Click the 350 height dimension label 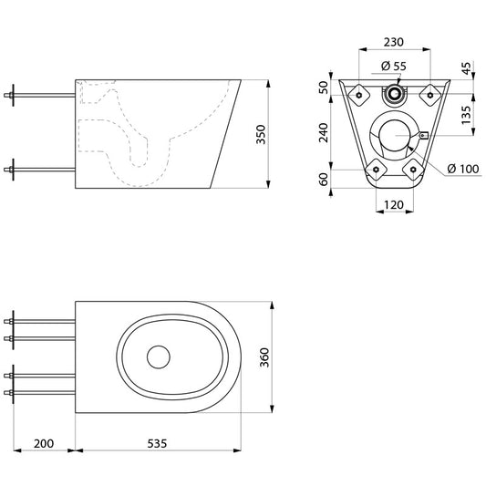(261, 134)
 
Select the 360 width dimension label (264, 357)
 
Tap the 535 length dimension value (157, 443)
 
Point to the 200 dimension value (44, 443)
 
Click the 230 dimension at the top (394, 42)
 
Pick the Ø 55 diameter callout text (393, 66)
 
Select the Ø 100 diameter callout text (463, 169)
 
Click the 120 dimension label (394, 205)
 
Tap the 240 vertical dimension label (324, 132)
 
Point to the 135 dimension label (466, 115)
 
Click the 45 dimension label (466, 68)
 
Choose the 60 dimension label (324, 179)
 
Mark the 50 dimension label (324, 88)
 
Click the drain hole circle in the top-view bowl (159, 357)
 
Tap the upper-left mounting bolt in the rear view (359, 95)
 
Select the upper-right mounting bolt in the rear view (430, 95)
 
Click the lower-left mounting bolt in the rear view (376, 170)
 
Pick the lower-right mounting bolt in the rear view (413, 170)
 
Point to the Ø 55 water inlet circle (394, 94)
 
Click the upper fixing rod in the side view (40, 95)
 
